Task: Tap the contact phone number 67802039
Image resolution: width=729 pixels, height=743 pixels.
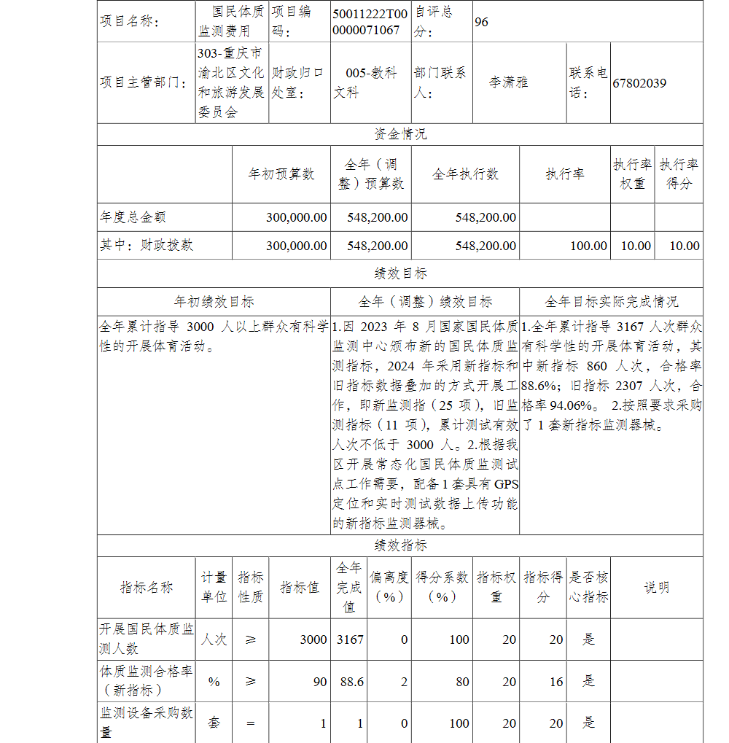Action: [x=639, y=83]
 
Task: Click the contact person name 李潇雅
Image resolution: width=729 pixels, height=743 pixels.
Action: [x=509, y=82]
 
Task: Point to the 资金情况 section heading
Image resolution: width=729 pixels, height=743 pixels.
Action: [x=400, y=135]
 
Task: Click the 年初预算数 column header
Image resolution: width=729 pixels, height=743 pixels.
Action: [x=281, y=174]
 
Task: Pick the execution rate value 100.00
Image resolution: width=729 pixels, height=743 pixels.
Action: [x=588, y=246]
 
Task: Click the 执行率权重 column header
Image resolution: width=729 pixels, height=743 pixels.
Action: [x=632, y=174]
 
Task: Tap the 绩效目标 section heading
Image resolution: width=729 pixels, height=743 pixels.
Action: [x=400, y=273]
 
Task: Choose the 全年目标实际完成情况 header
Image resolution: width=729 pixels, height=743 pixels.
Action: [x=611, y=301]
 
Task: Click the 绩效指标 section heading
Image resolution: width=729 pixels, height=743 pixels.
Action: [x=400, y=545]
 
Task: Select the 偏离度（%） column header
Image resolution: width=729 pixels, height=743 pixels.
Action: [x=389, y=587]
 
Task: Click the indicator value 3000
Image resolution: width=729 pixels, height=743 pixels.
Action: [x=313, y=639]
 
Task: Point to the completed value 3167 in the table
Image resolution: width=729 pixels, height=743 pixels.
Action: [x=350, y=639]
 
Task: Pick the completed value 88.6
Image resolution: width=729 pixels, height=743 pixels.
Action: [x=352, y=681]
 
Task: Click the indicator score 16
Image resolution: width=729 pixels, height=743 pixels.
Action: [x=556, y=681]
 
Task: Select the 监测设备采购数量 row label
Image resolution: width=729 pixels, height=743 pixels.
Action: [x=147, y=722]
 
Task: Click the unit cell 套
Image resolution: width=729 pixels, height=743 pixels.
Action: [x=214, y=723]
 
